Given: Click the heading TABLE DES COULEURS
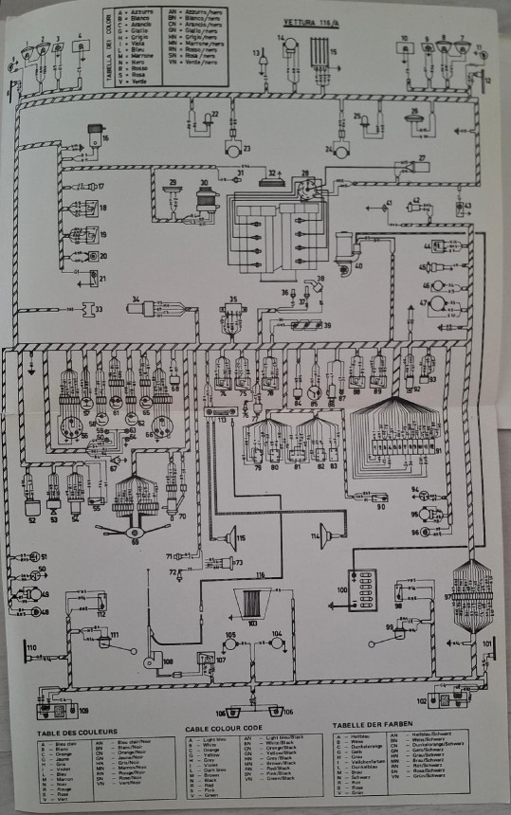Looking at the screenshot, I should [77, 733].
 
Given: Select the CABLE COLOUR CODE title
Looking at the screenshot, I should [225, 730].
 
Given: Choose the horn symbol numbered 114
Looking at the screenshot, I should [324, 533].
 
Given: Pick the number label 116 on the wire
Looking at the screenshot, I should [259, 575].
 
